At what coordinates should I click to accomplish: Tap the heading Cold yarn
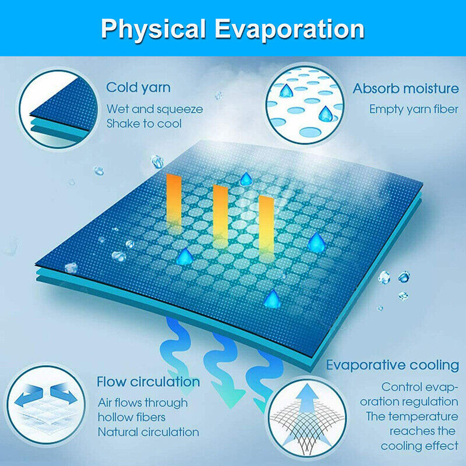[138, 88]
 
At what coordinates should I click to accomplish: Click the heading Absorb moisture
[405, 89]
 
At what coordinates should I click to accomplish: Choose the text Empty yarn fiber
[414, 109]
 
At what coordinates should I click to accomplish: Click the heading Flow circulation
[148, 382]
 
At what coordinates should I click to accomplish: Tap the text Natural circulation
[148, 432]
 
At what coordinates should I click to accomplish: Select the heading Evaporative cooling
[392, 365]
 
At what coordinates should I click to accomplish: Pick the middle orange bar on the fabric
[220, 216]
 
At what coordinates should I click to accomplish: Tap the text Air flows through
[142, 403]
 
